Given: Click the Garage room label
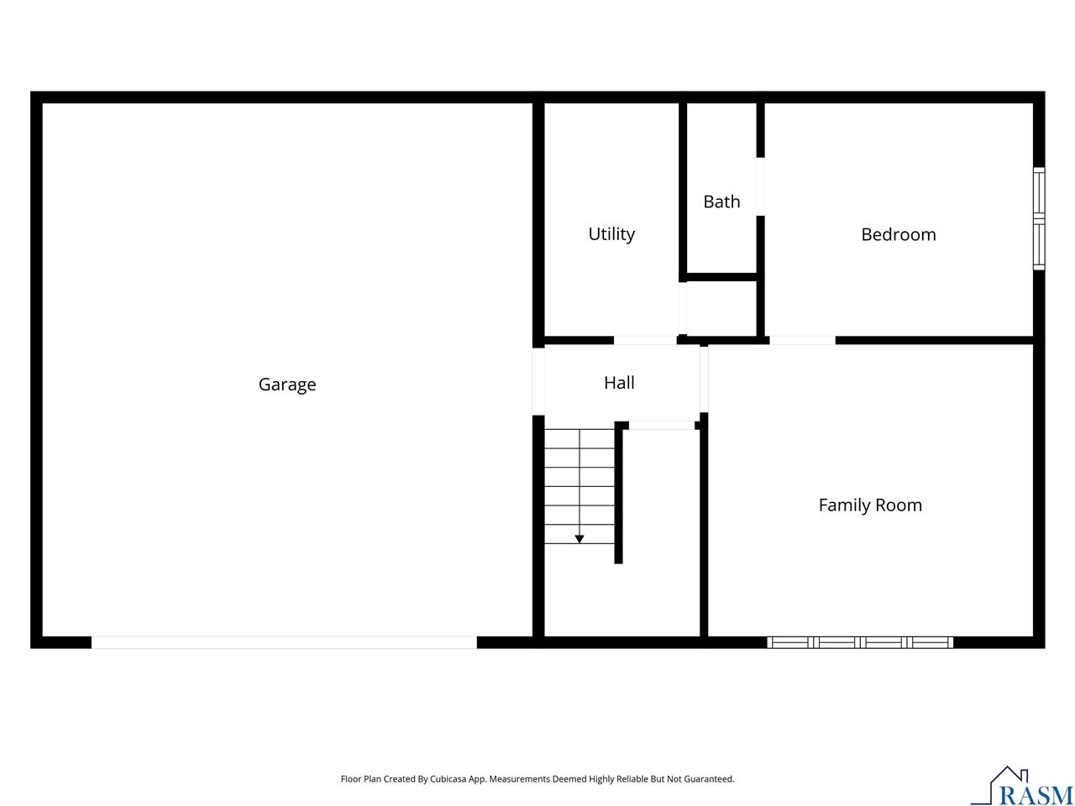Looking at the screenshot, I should [x=287, y=385].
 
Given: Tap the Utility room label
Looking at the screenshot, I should [x=611, y=234].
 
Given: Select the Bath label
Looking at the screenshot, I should [x=721, y=201].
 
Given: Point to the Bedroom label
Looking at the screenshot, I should [x=898, y=234].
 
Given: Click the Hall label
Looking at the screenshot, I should [x=619, y=383].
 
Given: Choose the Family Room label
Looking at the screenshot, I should [x=870, y=505].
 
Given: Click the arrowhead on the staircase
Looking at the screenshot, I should [x=579, y=539].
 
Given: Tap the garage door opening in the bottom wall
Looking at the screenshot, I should [x=284, y=642].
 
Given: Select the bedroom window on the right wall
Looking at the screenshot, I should [x=1039, y=218].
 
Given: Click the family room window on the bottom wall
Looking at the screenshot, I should [x=860, y=642].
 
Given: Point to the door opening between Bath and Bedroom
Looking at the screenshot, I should [x=761, y=186].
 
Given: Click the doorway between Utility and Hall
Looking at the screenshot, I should [x=645, y=340].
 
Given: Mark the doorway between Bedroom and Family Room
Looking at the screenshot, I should [x=802, y=340].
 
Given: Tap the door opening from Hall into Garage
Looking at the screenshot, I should [x=538, y=381].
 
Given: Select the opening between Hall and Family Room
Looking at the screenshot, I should [x=704, y=378].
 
